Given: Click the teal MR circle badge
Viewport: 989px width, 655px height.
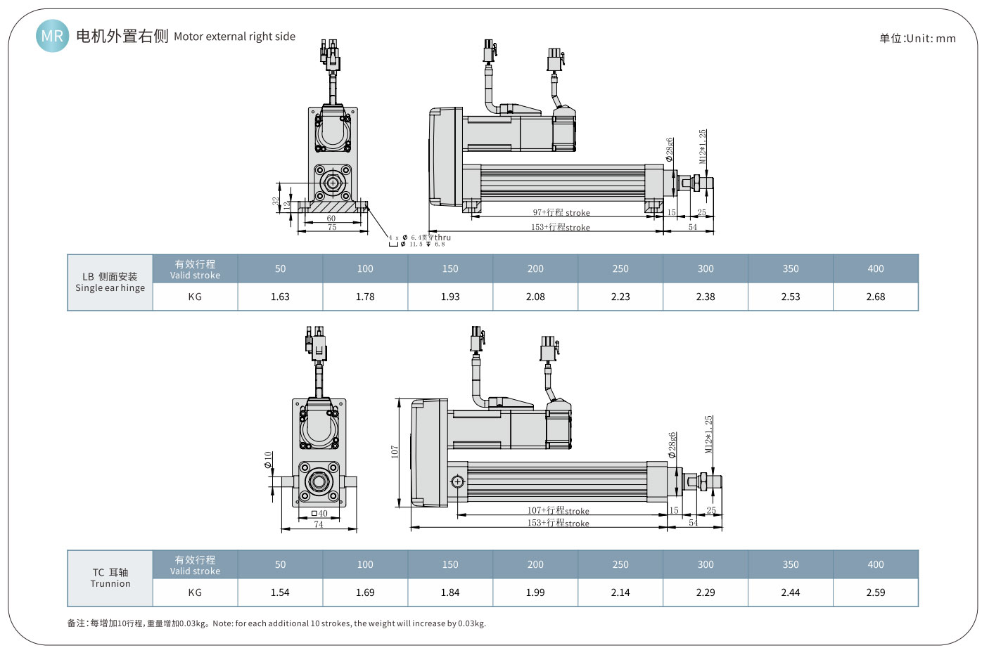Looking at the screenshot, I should coord(52,36).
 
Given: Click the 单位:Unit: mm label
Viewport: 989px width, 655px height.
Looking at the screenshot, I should coord(917,39).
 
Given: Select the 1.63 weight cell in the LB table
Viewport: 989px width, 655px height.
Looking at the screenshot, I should coord(280,297).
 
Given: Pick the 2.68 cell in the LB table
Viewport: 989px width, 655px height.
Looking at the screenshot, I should coord(875,297).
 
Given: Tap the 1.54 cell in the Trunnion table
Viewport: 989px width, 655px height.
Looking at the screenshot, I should coord(280,592).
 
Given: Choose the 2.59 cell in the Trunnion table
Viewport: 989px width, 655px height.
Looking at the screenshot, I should coord(875,592).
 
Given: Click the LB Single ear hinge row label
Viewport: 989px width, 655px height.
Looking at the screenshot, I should coord(110,283).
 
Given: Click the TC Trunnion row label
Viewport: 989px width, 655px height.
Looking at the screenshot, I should coord(110,578).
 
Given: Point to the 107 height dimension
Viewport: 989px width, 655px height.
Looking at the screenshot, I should coord(395,452).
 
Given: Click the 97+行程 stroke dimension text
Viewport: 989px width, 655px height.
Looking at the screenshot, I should coord(561,212).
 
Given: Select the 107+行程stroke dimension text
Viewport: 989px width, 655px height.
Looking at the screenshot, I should coord(558,511).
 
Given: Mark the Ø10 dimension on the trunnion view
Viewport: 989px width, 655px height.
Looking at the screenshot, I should coord(268,460).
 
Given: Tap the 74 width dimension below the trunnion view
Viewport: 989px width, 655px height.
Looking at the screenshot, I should coord(319,524).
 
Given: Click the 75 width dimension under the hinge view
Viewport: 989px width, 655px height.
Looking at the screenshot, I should coord(332,227).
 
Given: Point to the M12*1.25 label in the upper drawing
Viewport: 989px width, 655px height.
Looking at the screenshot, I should coord(703,147).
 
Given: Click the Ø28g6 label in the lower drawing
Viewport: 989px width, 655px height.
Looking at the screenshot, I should coord(672,445).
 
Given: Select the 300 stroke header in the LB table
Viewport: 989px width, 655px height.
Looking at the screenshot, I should coord(706,268).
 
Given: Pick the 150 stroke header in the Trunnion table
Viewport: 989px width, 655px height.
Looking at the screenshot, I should coord(450,564).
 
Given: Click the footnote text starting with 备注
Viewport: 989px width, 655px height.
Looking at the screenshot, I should coord(276,623).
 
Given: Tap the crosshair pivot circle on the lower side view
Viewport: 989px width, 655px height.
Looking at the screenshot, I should coord(457,481).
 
